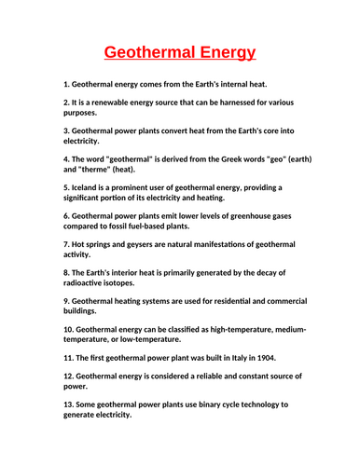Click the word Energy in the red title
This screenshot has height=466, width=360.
coord(221,51)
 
